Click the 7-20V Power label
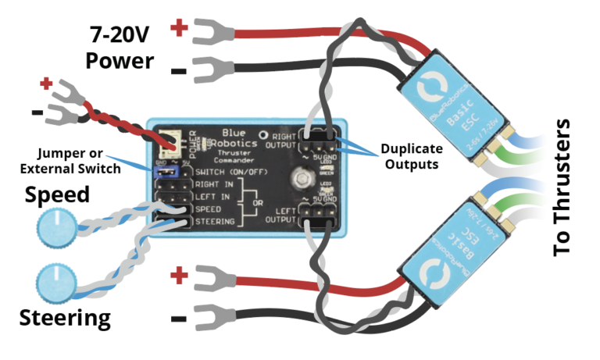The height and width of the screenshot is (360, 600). tap(120, 46)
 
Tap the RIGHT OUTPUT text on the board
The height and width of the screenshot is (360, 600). tap(282, 139)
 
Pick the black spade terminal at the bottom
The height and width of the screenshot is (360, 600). tap(205, 315)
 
